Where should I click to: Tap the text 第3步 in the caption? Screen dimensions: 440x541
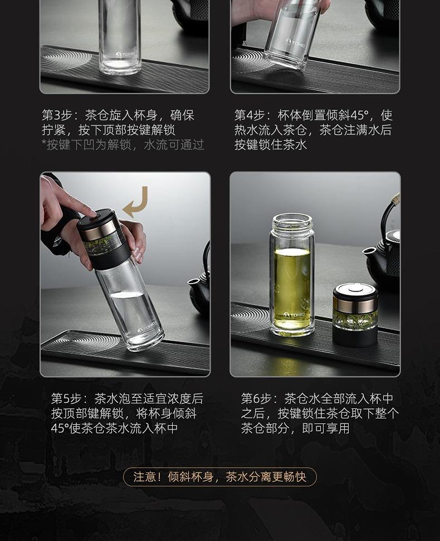click(57, 115)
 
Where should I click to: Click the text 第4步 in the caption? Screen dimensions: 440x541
click(250, 115)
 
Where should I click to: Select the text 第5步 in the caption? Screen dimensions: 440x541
click(66, 399)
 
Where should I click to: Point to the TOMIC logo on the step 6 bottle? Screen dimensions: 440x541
click(294, 315)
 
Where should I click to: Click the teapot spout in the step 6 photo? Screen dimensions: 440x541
click(369, 252)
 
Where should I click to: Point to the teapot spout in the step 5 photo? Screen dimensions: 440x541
click(194, 283)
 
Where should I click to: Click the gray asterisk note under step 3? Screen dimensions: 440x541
click(123, 145)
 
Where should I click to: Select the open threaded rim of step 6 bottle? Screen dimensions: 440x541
click(292, 222)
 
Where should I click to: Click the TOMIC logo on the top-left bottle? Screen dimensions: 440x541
click(125, 54)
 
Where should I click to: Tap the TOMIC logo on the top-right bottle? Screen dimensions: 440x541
click(295, 43)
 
